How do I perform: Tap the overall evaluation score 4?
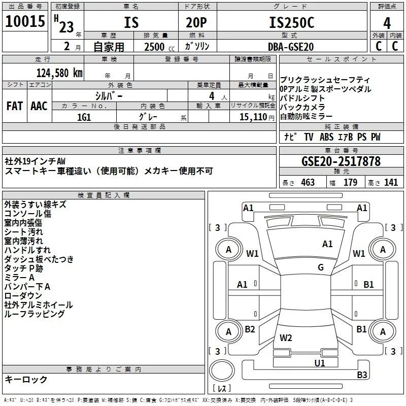(387, 23)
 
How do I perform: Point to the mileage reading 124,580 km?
(59, 72)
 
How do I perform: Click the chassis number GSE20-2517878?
(341, 162)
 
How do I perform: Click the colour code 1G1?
(84, 117)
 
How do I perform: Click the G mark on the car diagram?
(321, 267)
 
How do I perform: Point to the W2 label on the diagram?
(286, 337)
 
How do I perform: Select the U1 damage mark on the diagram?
(319, 363)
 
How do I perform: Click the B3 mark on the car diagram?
(361, 375)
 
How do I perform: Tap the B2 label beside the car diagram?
(250, 329)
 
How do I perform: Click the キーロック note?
(26, 379)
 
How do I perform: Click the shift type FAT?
(14, 106)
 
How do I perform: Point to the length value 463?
(308, 183)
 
